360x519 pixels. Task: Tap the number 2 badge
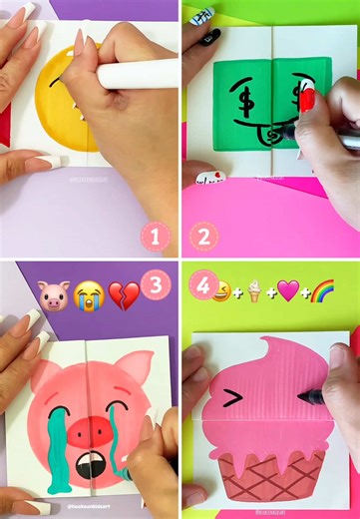(205, 238)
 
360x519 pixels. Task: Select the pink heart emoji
(287, 291)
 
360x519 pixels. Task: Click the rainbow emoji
(323, 291)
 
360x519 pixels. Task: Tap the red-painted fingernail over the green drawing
(307, 99)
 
